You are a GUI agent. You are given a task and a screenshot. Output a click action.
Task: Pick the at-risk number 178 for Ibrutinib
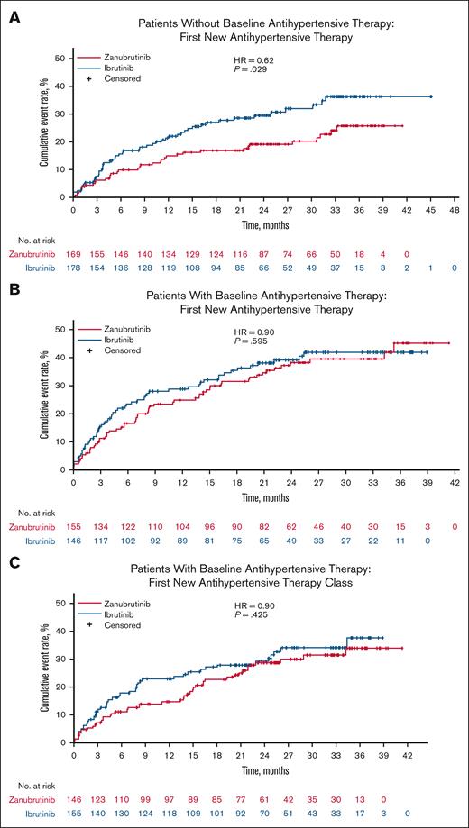pos(75,268)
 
